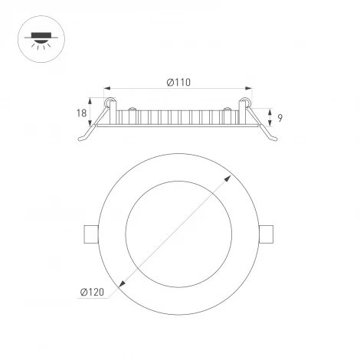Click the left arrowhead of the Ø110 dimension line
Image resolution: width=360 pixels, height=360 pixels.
106,89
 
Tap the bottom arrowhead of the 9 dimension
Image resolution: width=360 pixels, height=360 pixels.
271,125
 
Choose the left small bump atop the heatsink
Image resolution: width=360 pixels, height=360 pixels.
132,107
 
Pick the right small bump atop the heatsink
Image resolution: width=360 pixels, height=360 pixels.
227,107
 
